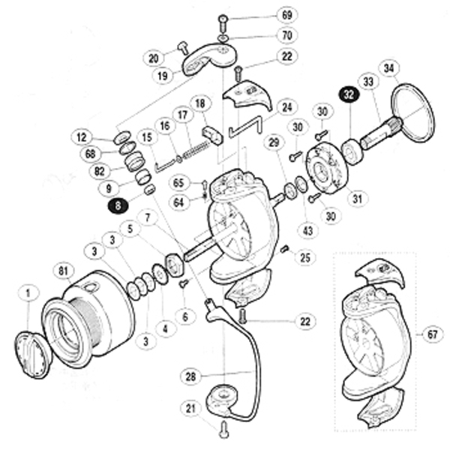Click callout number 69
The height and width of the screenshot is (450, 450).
[265, 15]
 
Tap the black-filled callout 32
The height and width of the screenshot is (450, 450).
[349, 94]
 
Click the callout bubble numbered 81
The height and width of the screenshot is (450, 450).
[63, 271]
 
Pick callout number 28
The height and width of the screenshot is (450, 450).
[192, 373]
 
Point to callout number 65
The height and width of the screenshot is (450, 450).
[179, 182]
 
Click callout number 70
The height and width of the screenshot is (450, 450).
[265, 35]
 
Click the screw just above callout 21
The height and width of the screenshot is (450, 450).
[223, 430]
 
